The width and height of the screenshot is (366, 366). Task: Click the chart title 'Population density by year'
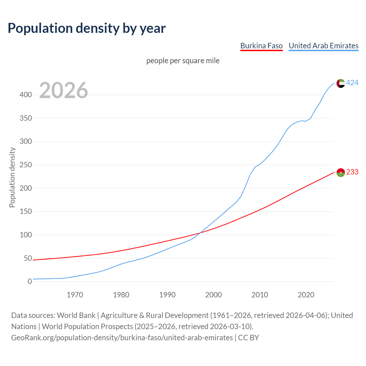point(87,28)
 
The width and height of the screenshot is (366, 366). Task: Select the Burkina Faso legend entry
point(261,46)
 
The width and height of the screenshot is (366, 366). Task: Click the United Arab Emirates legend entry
point(323,46)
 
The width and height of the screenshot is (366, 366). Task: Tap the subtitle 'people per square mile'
point(183,61)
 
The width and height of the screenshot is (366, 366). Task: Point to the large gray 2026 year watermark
point(63,90)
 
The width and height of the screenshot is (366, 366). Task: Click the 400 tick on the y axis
point(25,95)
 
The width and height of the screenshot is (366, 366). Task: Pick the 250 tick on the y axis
point(25,165)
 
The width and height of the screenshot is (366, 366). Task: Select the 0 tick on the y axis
point(29,282)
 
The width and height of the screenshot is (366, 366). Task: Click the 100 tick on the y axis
point(25,235)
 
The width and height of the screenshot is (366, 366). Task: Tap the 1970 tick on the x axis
point(75,295)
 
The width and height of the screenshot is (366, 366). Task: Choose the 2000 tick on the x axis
point(214,295)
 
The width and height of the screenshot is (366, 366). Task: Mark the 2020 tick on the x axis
point(306,295)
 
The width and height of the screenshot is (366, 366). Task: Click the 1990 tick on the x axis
point(167,295)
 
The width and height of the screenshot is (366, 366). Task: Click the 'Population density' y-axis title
point(12,177)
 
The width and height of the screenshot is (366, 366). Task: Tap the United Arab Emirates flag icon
point(341,83)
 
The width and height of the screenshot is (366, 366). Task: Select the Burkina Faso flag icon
point(341,172)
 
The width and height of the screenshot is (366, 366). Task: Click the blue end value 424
point(352,83)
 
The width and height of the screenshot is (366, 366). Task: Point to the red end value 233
point(352,172)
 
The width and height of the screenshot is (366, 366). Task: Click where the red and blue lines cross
point(200,233)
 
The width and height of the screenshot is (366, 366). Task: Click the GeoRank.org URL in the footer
point(122,338)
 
